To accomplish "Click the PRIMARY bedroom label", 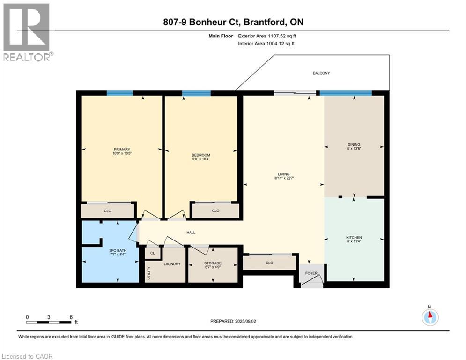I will pyautogui.click(x=122, y=150).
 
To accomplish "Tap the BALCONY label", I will pyautogui.click(x=321, y=73).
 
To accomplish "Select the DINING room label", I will pyautogui.click(x=354, y=144).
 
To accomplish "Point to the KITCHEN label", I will pyautogui.click(x=354, y=238).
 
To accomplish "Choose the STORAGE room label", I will pyautogui.click(x=213, y=263).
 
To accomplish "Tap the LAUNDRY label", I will pyautogui.click(x=172, y=264).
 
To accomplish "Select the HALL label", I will pyautogui.click(x=191, y=232).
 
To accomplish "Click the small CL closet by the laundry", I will pyautogui.click(x=152, y=253).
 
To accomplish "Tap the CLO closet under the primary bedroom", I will pyautogui.click(x=107, y=211).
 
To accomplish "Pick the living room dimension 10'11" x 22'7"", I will pyautogui.click(x=283, y=178).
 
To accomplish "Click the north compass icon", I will pyautogui.click(x=429, y=317).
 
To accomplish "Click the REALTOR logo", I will pyautogui.click(x=27, y=32).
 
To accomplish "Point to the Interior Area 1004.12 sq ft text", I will pyautogui.click(x=266, y=43).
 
